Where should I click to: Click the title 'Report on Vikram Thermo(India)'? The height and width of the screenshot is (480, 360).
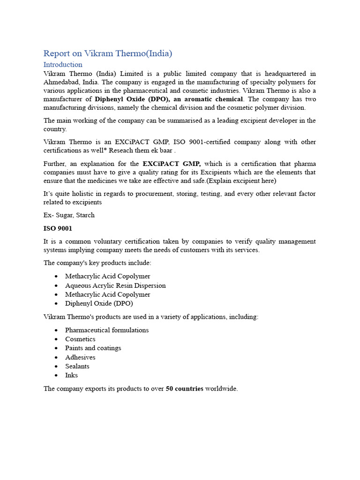pos(108,53)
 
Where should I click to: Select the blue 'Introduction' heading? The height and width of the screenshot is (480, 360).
pos(63,65)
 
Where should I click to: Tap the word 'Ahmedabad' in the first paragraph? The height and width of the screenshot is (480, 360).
pos(60,82)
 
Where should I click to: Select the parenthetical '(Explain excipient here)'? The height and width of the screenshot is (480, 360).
pos(238,180)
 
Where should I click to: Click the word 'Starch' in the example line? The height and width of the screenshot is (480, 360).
pos(85,215)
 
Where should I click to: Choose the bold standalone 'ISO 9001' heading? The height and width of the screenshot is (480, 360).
pos(58,228)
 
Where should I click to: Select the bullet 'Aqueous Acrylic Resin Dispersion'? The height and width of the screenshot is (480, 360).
pos(115,285)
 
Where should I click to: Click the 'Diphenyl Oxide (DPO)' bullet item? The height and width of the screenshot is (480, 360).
pos(99,303)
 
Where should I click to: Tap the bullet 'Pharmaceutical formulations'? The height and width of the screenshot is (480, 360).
pos(107,330)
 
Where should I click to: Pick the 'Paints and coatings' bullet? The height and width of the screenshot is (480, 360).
pos(93,348)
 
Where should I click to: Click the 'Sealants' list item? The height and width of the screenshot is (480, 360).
pos(77,366)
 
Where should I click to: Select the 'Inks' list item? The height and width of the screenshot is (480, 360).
pos(72,375)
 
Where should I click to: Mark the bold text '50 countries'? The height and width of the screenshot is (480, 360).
pos(185,389)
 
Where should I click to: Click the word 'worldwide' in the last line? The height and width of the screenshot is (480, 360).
pos(221,389)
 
